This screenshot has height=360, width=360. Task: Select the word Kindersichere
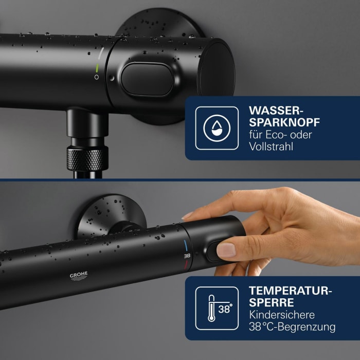[x=281, y=315]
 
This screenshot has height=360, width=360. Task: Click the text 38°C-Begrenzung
[x=292, y=327]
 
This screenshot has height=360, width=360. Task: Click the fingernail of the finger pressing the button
[x=226, y=250]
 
